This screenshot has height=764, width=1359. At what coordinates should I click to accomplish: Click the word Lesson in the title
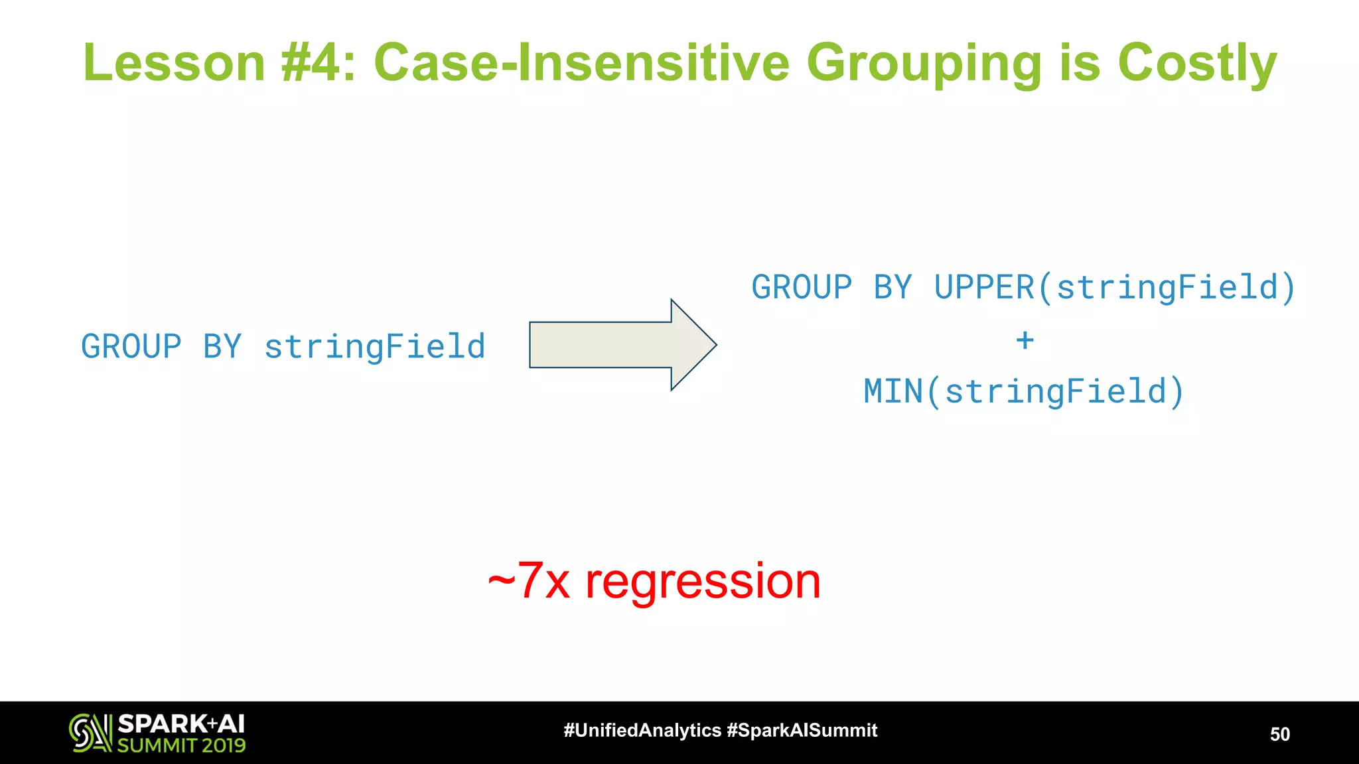click(x=174, y=63)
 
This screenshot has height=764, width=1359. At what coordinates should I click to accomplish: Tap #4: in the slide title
click(x=318, y=63)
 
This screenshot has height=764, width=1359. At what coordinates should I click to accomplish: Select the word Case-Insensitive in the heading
click(x=581, y=63)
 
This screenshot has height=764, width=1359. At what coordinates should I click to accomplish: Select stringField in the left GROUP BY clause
click(x=374, y=347)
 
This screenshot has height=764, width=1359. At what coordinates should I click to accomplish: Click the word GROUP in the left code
click(x=131, y=347)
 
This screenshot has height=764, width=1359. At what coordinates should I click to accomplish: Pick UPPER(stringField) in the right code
click(x=1114, y=288)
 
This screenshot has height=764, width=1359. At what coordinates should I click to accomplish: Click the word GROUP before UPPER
click(x=802, y=288)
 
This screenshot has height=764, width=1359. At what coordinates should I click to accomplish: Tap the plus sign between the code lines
click(x=1025, y=340)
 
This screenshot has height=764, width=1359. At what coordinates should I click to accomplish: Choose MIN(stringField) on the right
click(x=1023, y=391)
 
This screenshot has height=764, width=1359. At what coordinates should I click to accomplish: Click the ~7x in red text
click(x=529, y=582)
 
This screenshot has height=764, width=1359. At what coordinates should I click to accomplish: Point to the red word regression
click(x=703, y=582)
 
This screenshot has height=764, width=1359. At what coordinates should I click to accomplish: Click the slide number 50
click(x=1279, y=734)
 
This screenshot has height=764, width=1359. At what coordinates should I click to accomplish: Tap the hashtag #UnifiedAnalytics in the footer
click(x=642, y=730)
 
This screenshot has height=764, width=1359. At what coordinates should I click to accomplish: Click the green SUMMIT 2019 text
click(x=181, y=745)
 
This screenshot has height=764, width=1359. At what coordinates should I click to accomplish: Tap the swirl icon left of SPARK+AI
click(x=90, y=732)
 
